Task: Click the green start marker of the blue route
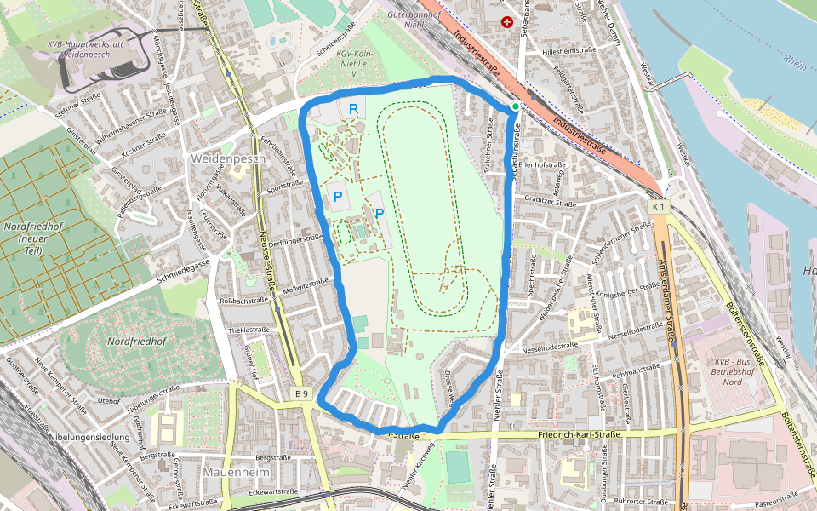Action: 515,106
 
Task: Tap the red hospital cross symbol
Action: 508,22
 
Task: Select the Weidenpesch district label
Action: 229,158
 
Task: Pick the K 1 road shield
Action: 658,207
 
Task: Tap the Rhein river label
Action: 795,60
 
